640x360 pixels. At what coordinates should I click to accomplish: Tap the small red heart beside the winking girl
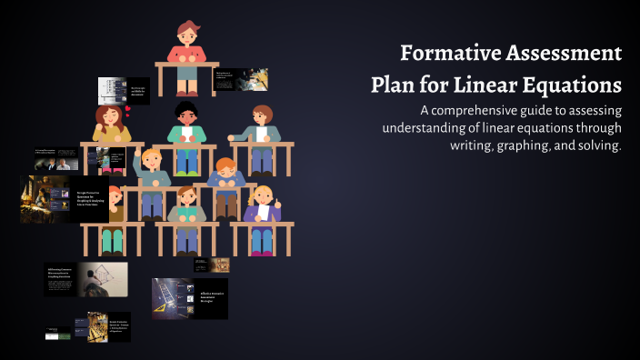128,110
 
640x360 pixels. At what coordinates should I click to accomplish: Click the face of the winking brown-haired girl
107,119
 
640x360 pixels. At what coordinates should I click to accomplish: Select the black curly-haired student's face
185,117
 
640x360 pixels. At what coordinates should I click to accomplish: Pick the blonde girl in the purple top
262,204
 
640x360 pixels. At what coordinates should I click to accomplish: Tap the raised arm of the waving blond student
137,164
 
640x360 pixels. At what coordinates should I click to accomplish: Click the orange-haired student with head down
225,172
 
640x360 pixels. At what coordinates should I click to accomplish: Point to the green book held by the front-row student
186,213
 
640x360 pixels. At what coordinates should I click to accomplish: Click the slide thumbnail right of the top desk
240,79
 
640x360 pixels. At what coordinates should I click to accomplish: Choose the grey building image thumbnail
111,90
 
